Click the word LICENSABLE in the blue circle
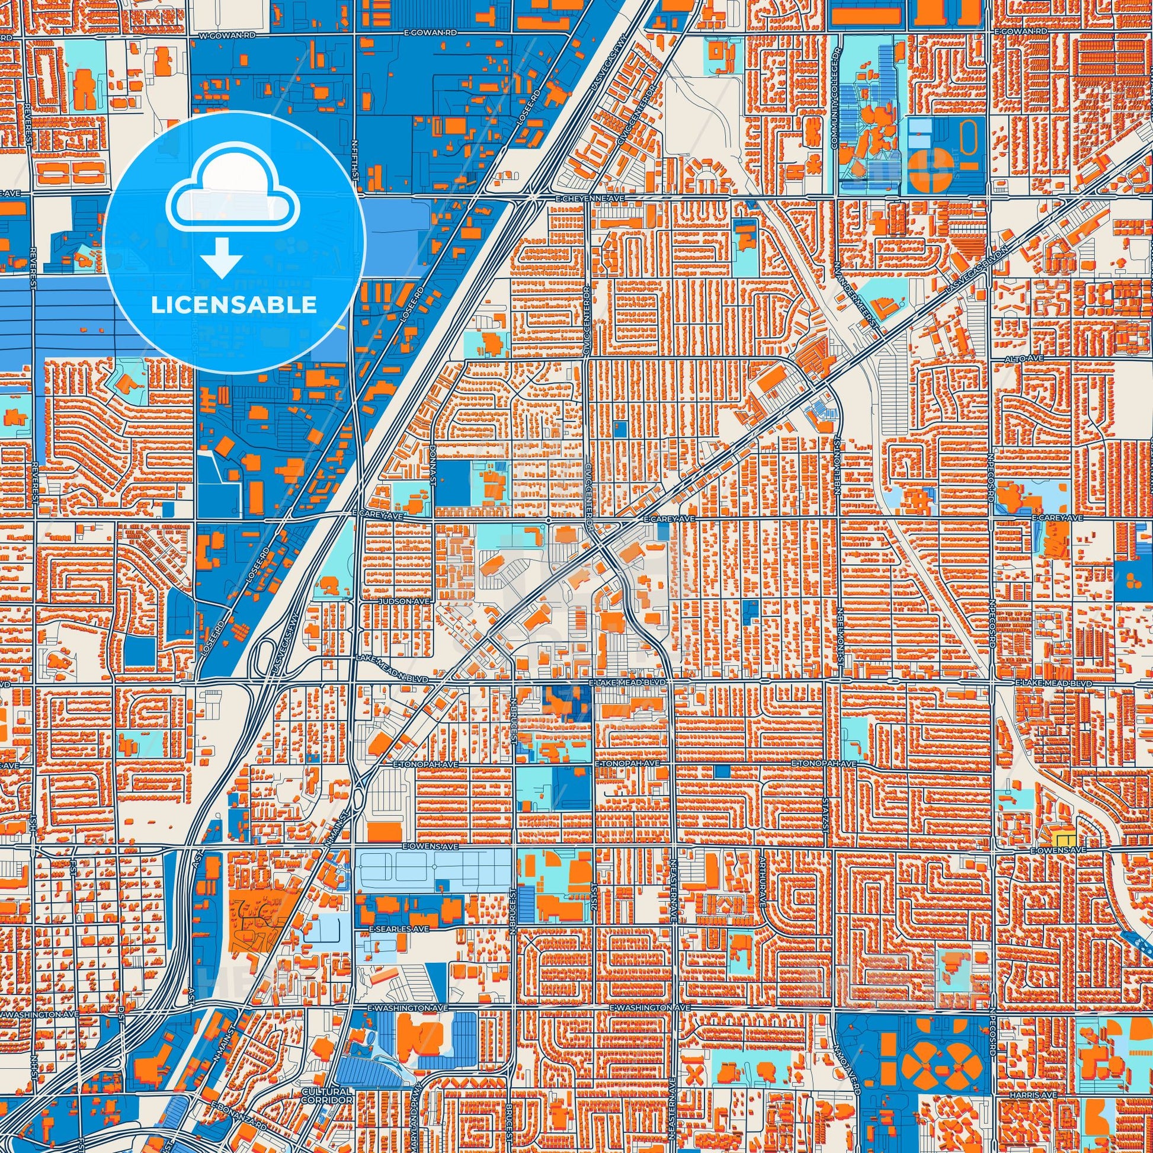tap(234, 305)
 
